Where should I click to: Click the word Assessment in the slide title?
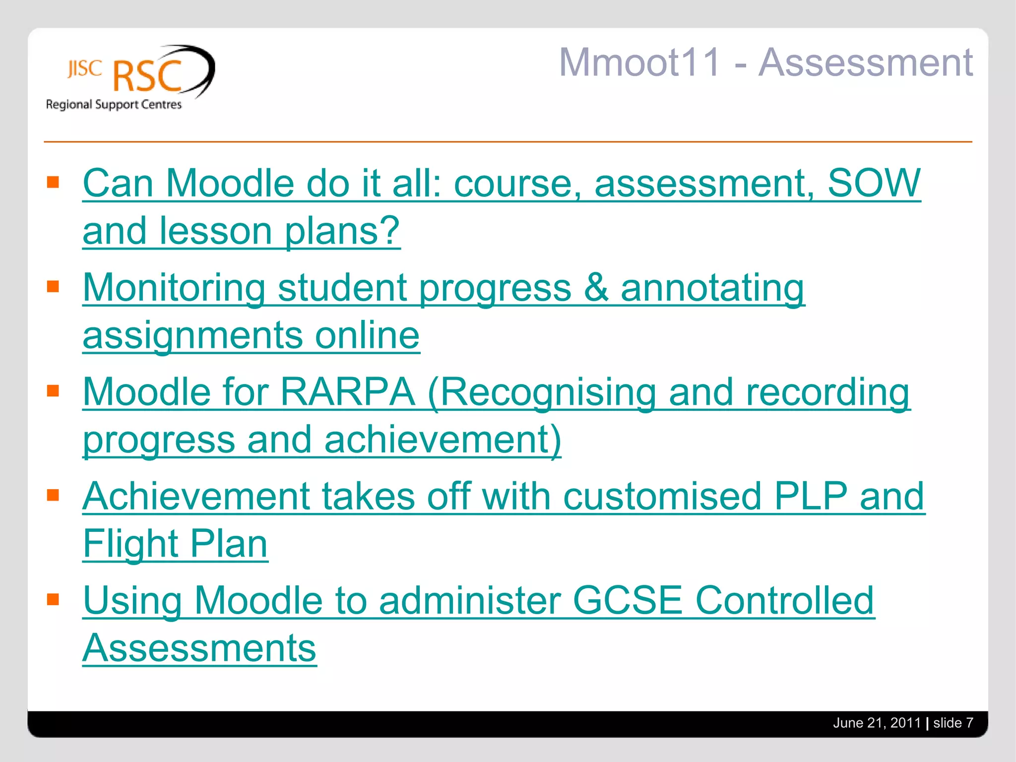(x=865, y=63)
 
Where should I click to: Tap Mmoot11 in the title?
(x=639, y=63)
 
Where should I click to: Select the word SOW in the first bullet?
(x=874, y=183)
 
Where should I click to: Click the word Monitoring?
(x=174, y=288)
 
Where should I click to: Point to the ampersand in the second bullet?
(x=596, y=288)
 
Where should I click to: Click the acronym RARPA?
(x=347, y=392)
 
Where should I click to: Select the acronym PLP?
(x=810, y=496)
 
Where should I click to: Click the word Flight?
(x=130, y=544)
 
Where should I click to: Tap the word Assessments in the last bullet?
(x=199, y=648)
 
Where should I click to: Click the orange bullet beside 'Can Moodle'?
(x=53, y=183)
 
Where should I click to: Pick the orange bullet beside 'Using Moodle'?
(x=53, y=600)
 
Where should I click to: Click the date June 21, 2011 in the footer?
(x=877, y=723)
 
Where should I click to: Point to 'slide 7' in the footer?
(x=953, y=723)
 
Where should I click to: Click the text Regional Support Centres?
(x=114, y=105)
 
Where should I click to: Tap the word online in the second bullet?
(x=367, y=335)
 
